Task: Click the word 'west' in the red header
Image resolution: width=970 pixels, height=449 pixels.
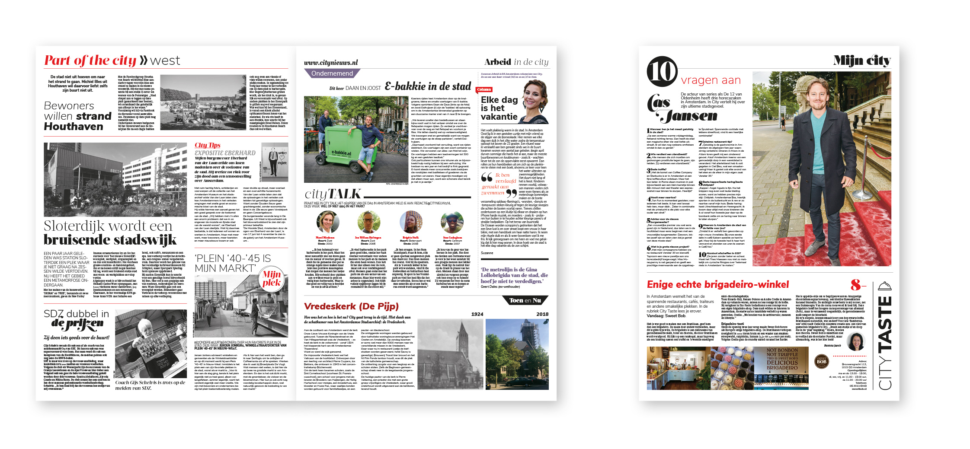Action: point(165,61)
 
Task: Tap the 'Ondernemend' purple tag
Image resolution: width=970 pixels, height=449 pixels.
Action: point(332,73)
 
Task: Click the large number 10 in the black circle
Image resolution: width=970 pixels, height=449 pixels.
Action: point(662,72)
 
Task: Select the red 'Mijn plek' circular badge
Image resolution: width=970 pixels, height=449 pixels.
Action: point(272,279)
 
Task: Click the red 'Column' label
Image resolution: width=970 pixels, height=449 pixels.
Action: point(484,89)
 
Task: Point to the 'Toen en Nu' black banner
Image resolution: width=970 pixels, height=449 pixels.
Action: point(525,300)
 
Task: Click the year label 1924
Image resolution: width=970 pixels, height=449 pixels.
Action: point(477,314)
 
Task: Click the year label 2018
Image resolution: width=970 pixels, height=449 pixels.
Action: point(542,314)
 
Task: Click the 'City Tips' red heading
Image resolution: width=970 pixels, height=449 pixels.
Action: point(208,145)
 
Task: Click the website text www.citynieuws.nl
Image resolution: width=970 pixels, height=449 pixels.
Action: point(331,63)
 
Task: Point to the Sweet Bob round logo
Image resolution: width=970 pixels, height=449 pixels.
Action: point(821,361)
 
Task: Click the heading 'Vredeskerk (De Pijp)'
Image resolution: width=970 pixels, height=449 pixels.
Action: point(351,306)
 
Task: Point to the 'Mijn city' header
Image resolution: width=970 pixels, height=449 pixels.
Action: point(861,61)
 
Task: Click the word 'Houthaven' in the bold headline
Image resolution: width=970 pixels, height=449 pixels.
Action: point(74,127)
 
